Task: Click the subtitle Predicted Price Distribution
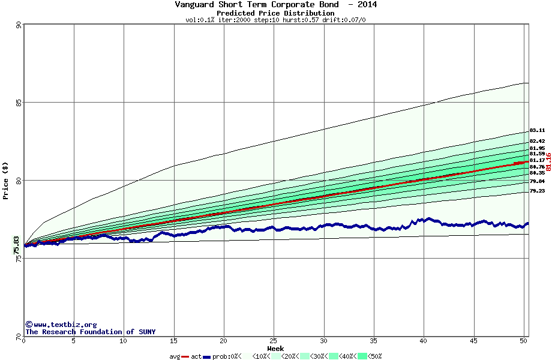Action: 275,13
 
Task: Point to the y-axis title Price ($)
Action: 6,181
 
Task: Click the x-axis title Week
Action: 275,348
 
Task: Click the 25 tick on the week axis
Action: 274,341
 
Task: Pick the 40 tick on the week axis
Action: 424,341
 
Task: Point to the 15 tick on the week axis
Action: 173,341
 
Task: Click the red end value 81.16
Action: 548,161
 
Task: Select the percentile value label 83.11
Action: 537,130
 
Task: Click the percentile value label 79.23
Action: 537,191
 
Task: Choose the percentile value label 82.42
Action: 537,141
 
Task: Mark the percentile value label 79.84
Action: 537,181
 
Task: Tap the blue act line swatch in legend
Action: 207,356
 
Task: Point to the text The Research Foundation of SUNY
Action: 90,332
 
